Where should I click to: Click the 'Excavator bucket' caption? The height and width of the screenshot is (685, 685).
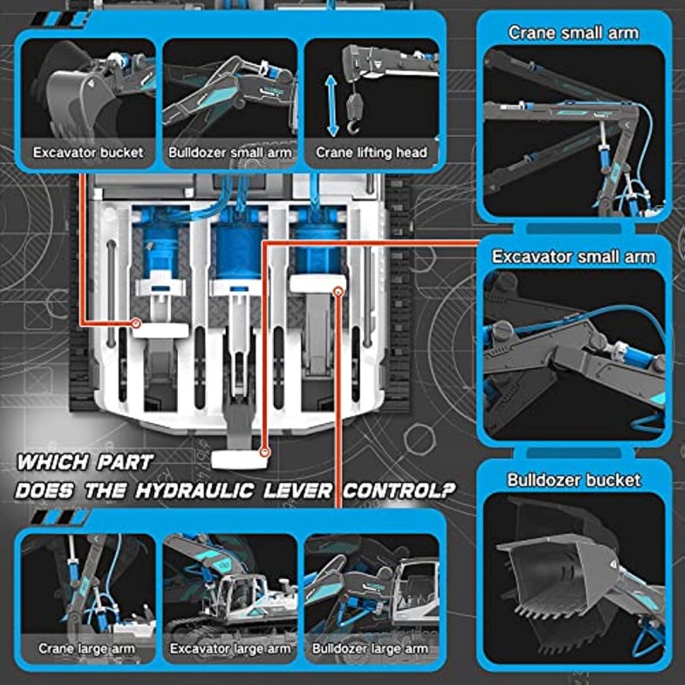[x=88, y=153]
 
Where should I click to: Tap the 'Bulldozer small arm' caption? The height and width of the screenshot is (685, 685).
[x=229, y=153]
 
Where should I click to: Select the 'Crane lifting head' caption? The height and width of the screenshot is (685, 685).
[x=371, y=153]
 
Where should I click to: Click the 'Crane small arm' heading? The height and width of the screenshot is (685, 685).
[x=573, y=33]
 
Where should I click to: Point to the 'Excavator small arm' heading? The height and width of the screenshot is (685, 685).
[x=573, y=256]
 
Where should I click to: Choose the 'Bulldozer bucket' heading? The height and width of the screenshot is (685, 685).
[x=573, y=479]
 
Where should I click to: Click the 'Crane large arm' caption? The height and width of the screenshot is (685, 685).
[x=86, y=649]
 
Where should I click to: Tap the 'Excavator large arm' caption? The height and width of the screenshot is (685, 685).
[x=229, y=649]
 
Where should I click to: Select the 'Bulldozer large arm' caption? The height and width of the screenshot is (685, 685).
[x=371, y=649]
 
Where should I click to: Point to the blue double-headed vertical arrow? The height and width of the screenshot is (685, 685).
[x=333, y=105]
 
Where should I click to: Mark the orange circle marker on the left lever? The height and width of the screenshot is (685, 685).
[x=137, y=324]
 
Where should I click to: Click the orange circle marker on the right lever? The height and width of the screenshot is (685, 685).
[x=339, y=292]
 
